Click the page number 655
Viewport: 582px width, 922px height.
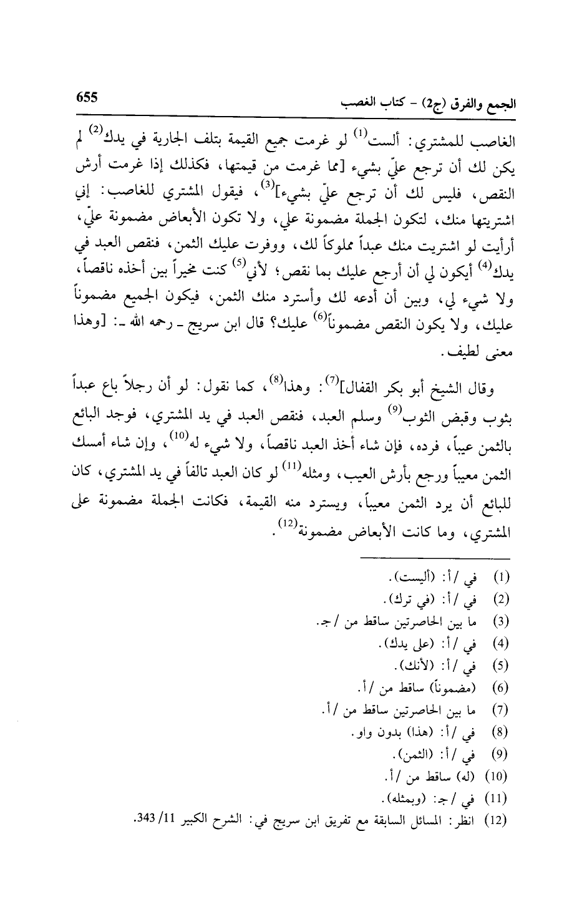(88, 98)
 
